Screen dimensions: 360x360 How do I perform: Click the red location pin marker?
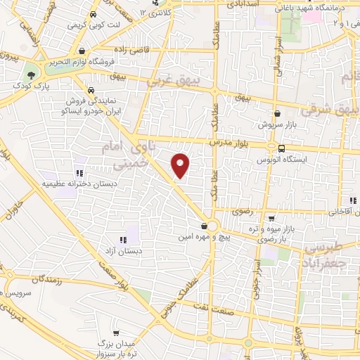181,165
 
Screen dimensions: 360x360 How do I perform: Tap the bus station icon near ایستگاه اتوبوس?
281,148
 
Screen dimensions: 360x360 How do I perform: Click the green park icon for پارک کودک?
30,74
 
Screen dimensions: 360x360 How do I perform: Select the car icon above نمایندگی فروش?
92,90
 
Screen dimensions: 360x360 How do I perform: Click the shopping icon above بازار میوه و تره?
271,219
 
